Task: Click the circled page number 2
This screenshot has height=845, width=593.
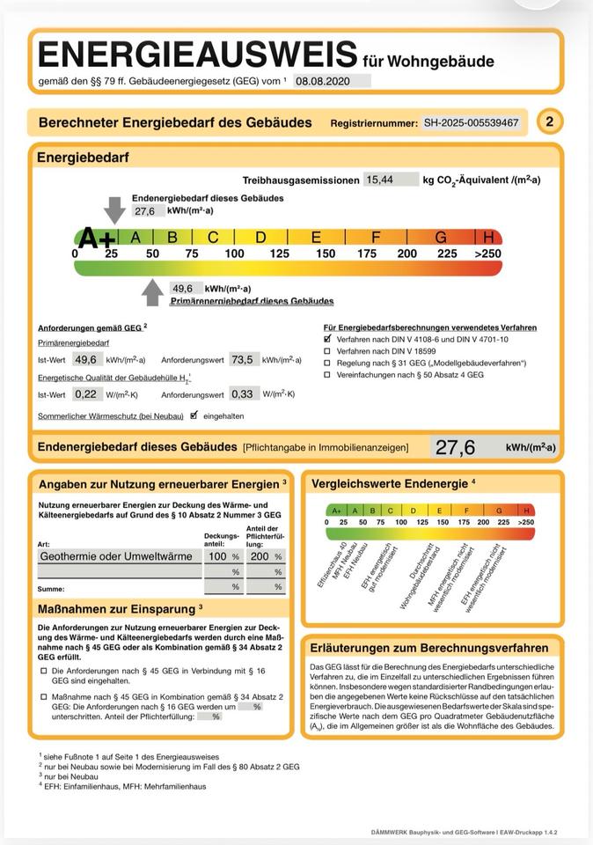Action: tap(550, 122)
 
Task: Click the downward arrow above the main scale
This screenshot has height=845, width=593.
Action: tap(115, 209)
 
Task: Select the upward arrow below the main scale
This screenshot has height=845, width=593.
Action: tap(153, 291)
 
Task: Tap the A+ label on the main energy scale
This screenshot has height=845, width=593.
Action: tap(96, 238)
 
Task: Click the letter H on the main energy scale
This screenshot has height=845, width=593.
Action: tap(489, 238)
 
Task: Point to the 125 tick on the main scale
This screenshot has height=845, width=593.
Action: tap(279, 254)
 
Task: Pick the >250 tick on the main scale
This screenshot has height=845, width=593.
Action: tap(487, 254)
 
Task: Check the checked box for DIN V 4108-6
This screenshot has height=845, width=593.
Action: tap(328, 338)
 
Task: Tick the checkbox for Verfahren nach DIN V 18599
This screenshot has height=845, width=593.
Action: tap(328, 350)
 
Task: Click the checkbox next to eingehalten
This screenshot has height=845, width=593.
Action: tap(195, 415)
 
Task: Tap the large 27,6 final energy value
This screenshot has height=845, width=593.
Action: tap(455, 447)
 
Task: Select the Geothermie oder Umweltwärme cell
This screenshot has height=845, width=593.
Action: tap(117, 556)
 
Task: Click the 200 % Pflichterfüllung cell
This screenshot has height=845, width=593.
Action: tap(265, 556)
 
